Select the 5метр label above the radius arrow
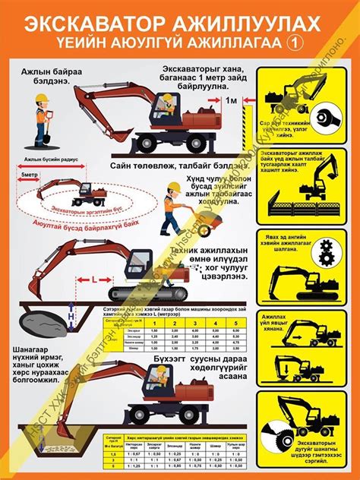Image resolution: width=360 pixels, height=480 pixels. (31, 175)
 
